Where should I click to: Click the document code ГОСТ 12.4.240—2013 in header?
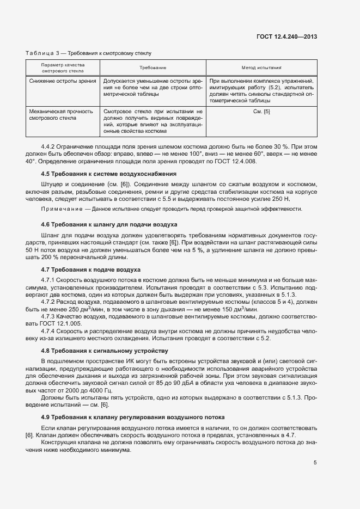pyautogui.click(x=287, y=36)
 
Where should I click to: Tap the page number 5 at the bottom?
pyautogui.click(x=315, y=463)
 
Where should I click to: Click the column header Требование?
pyautogui.click(x=153, y=68)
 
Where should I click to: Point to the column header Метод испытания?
pyautogui.click(x=261, y=68)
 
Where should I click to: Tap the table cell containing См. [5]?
pyautogui.click(x=261, y=111)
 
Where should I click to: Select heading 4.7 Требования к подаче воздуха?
pyautogui.click(x=91, y=269)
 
